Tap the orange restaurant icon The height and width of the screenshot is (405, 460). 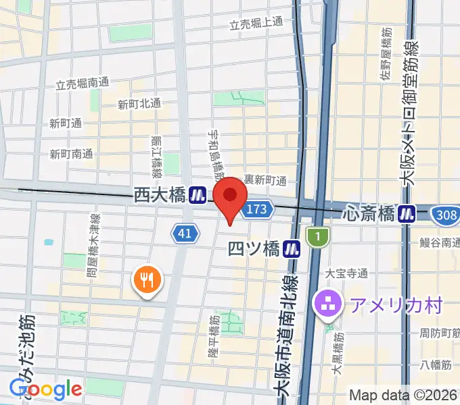147,278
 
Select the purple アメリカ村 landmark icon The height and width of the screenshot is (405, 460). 328,304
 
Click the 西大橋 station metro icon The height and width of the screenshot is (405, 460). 198,195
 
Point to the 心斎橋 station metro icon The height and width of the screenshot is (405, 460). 407,213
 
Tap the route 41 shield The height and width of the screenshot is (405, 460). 185,234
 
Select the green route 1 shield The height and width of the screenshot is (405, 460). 317,236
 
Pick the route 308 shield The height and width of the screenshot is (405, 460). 444,213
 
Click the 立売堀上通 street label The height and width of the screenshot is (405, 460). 256,24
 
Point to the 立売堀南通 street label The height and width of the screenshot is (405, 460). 82,84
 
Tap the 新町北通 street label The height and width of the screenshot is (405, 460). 139,104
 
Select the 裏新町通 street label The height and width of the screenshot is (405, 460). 265,180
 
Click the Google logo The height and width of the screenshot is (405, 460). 45,389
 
